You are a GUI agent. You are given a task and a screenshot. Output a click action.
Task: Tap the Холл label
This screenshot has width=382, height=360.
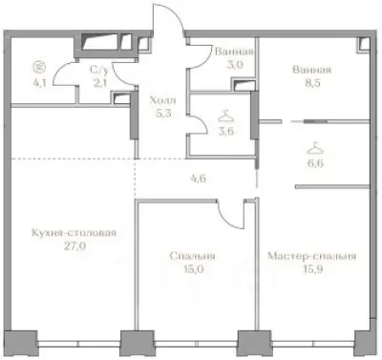pyautogui.click(x=160, y=97)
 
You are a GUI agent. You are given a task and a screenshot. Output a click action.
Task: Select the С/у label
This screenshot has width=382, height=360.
pyautogui.click(x=96, y=69)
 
